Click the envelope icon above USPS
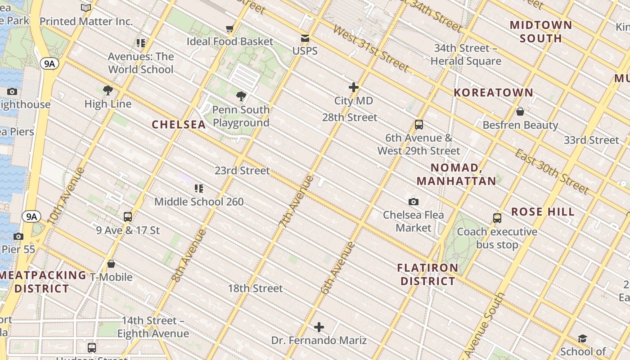pos(305,38)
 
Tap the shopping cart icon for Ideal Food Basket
pos(230,29)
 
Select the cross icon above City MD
pos(354,87)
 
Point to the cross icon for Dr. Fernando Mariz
pos(319,327)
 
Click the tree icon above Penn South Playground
pos(241,96)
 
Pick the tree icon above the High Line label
pos(108,90)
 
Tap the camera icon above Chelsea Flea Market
pos(413,202)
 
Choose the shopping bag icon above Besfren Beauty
pos(520,112)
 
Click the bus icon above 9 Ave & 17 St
pos(128,216)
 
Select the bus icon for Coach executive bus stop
pos(497,218)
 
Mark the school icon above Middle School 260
pos(199,188)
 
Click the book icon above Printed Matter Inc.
pos(86,8)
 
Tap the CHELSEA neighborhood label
pos(179,125)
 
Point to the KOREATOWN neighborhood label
pos(493,93)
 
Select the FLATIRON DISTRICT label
pos(427,274)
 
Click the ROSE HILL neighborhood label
pos(543,212)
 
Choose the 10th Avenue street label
pos(66,196)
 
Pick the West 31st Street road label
pos(371,48)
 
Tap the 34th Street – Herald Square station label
pos(466,54)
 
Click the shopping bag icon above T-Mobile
pos(111,264)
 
